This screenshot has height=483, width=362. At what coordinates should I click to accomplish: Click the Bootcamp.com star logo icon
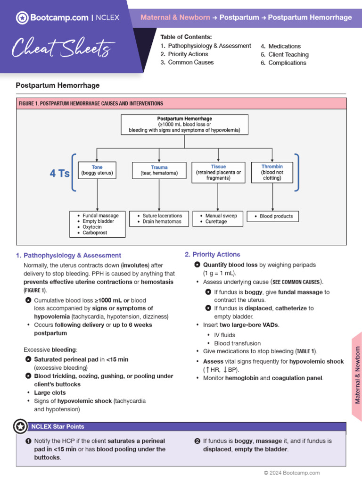[22, 18]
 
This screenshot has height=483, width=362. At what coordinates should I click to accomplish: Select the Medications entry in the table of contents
[284, 46]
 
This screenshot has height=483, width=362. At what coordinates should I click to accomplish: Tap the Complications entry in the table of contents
[287, 63]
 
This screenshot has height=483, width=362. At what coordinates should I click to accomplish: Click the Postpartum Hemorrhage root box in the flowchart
[184, 125]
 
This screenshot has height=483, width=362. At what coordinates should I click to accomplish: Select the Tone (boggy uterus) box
[97, 170]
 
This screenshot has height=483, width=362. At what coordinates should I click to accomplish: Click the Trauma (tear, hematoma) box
[159, 170]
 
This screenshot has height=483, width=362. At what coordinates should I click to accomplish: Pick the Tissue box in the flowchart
[218, 173]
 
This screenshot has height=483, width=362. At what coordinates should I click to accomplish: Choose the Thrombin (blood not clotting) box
[272, 173]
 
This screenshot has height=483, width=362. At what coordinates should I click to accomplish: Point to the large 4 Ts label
[60, 174]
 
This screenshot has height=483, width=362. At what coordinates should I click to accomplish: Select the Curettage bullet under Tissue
[216, 222]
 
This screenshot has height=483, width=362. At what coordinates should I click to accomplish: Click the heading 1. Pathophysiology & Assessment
[68, 255]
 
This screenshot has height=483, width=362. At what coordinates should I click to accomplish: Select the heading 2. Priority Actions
[213, 254]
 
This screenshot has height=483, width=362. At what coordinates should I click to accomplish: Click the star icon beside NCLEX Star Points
[20, 426]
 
